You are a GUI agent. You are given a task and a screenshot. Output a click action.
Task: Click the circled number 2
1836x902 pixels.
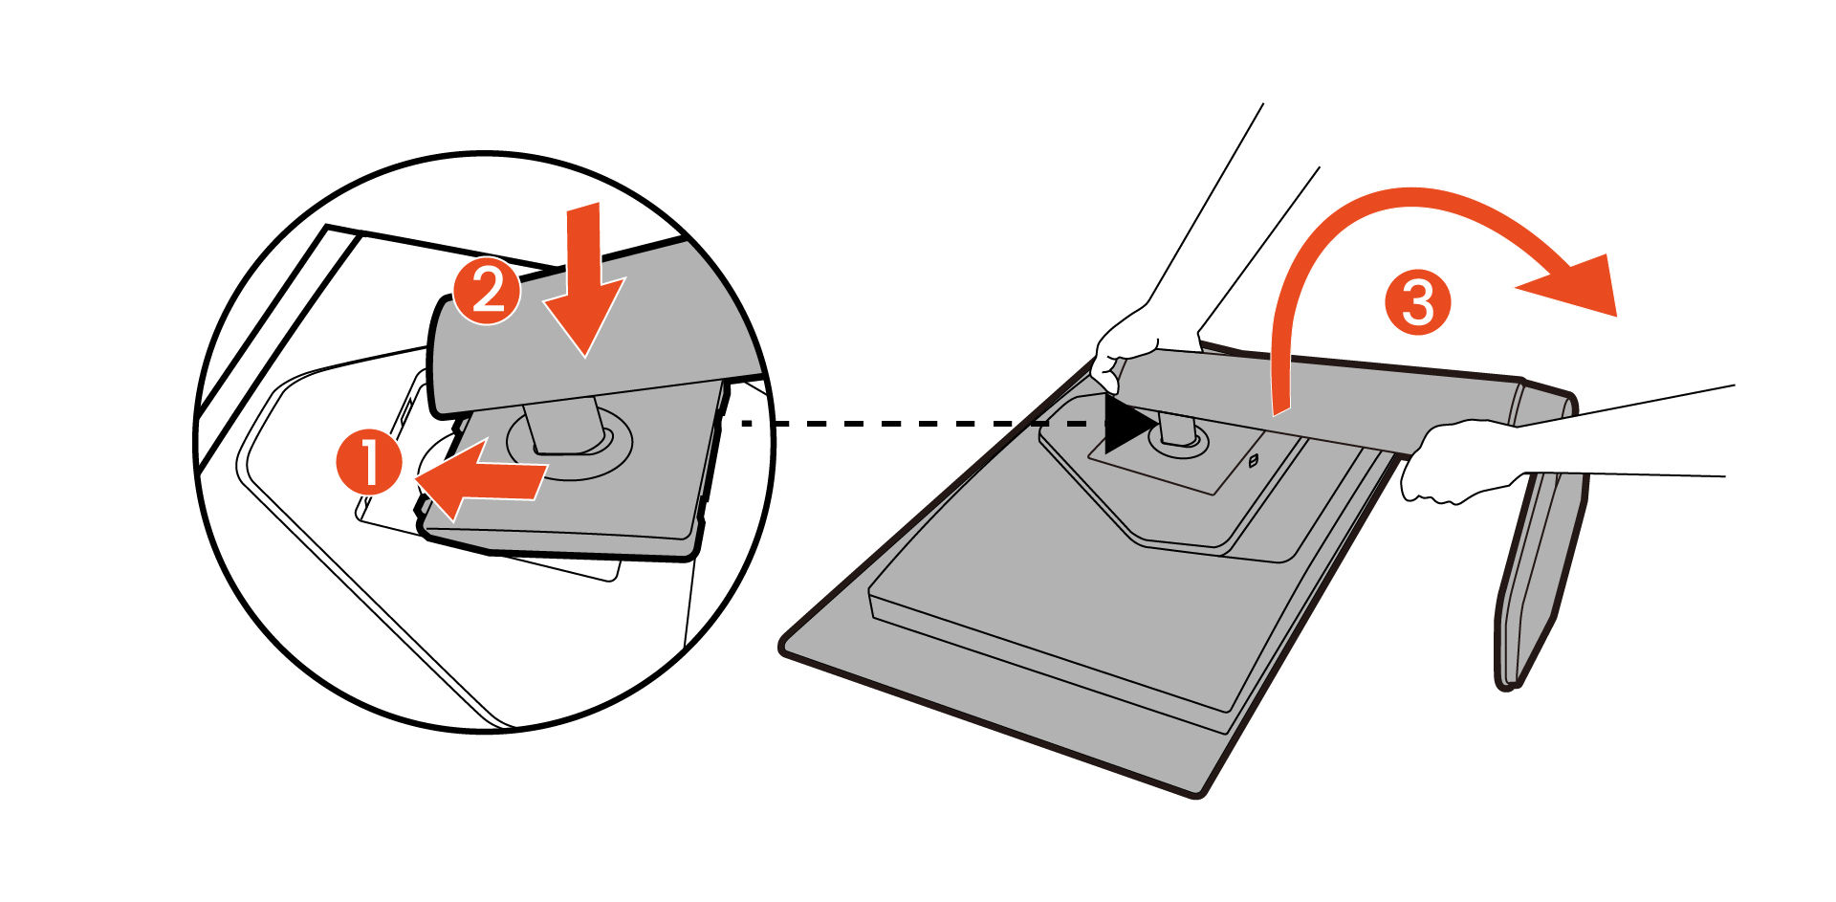click(487, 291)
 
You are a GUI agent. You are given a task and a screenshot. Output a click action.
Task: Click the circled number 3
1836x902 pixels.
click(1417, 303)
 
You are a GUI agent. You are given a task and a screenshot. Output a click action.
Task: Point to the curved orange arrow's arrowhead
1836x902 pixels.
click(1578, 282)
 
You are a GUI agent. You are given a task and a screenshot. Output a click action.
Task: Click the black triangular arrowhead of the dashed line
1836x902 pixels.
click(1126, 424)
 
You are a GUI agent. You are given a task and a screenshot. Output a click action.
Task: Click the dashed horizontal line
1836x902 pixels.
click(918, 423)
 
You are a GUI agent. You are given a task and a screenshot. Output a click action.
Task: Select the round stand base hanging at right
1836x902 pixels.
click(1535, 574)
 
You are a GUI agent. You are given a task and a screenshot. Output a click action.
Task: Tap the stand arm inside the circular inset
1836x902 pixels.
click(612, 325)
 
